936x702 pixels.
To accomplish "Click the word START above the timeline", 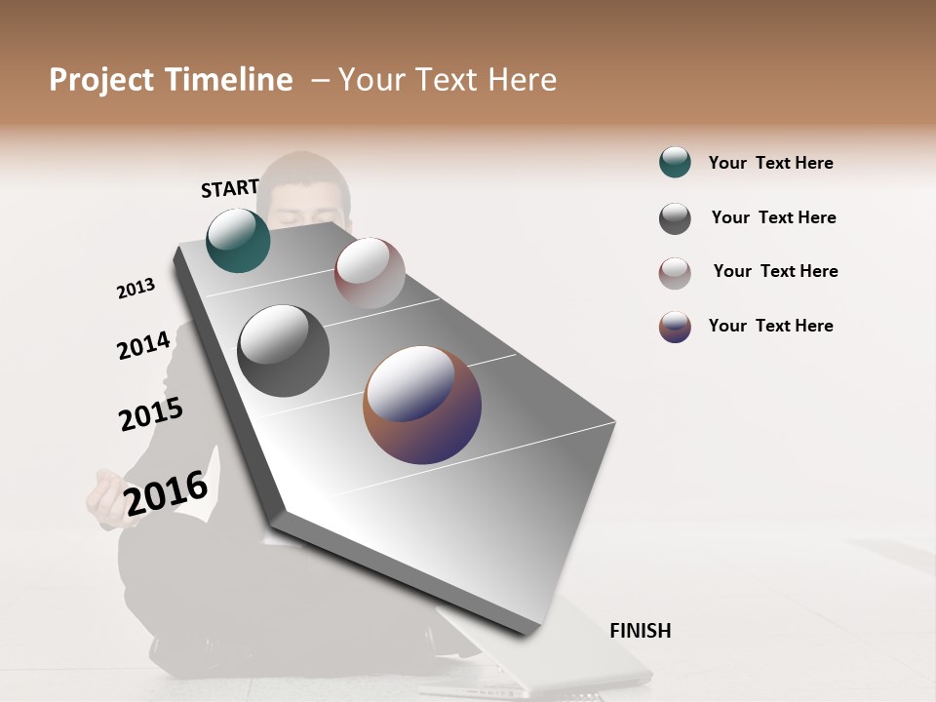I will [230, 188].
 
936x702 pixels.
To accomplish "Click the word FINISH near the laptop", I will [640, 631].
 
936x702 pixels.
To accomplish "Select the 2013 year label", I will [136, 289].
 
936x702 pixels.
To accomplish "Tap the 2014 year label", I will [143, 345].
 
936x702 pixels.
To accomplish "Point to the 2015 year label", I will [151, 414].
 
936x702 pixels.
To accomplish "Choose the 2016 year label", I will [167, 492].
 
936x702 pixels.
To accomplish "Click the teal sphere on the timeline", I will [238, 240].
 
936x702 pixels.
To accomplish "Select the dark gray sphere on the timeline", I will [283, 351].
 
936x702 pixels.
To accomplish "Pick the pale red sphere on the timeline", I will [370, 273].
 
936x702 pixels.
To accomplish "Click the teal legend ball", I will [675, 163].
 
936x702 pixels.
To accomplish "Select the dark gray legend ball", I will [675, 218].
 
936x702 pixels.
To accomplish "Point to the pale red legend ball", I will [675, 273].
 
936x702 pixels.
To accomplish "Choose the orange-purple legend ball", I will [675, 327].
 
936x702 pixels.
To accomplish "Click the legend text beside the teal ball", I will [770, 163].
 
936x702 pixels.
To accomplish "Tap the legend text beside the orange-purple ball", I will [770, 326].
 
